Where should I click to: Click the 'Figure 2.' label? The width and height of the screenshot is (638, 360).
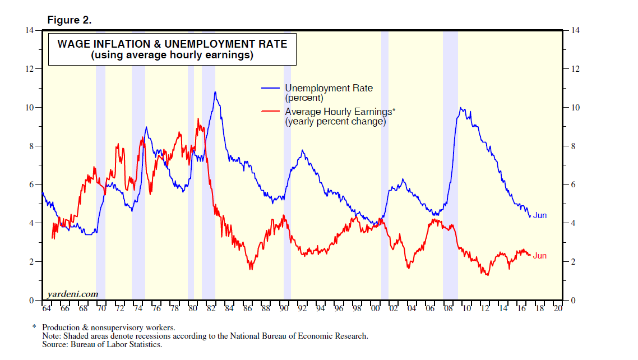(x=69, y=20)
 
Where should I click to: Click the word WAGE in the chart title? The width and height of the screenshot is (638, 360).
(x=72, y=44)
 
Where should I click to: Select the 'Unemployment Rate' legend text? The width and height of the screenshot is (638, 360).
(x=329, y=88)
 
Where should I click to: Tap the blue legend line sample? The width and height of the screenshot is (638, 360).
(x=271, y=88)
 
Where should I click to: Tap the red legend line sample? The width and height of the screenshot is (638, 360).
(x=271, y=112)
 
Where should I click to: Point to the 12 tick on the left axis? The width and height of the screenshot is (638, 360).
(x=31, y=69)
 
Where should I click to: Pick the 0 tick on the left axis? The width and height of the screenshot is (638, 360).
(x=33, y=301)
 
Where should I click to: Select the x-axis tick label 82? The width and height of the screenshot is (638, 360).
(x=210, y=308)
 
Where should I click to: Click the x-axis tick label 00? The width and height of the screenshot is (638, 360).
(x=375, y=308)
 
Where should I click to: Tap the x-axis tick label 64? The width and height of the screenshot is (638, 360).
(x=47, y=308)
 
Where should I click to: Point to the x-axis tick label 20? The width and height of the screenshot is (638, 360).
(x=557, y=308)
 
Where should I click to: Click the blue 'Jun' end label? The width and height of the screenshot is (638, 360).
(x=539, y=215)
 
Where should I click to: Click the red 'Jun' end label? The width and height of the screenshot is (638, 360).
(x=539, y=256)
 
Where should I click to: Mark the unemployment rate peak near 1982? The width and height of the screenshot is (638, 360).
(x=215, y=93)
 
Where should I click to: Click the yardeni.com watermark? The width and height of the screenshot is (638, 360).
(x=72, y=293)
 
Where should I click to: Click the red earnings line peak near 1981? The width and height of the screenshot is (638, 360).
(x=198, y=119)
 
